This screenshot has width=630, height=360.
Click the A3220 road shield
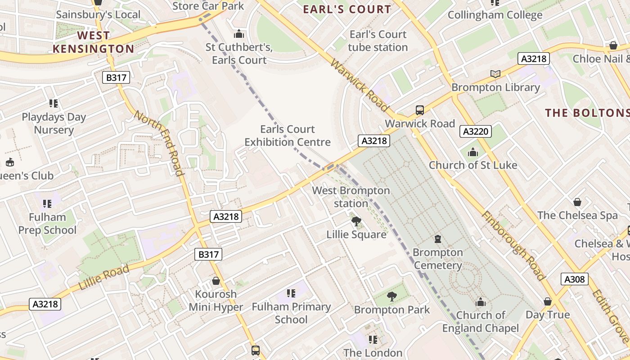(475, 131)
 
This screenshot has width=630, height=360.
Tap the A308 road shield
(575, 279)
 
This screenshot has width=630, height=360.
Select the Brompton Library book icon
(495, 74)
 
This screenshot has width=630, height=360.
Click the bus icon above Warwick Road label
(419, 110)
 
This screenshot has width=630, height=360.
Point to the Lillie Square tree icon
(356, 221)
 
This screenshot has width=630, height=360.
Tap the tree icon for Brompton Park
(391, 296)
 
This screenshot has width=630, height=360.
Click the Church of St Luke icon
(472, 152)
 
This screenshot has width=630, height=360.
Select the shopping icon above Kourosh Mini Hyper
(216, 281)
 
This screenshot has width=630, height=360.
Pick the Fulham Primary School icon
(291, 293)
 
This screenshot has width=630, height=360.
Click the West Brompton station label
(351, 197)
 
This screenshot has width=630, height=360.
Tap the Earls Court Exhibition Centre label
(288, 136)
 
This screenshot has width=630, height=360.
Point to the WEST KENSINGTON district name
(93, 42)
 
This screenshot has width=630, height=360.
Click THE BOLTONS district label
(587, 112)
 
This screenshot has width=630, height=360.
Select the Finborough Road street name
(513, 245)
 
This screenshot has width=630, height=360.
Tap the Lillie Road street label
(104, 277)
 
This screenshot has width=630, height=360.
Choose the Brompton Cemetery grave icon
(437, 238)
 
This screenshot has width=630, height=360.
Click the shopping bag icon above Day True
(548, 301)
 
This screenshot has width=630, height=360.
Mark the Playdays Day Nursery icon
(54, 103)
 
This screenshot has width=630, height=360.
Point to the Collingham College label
(495, 15)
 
